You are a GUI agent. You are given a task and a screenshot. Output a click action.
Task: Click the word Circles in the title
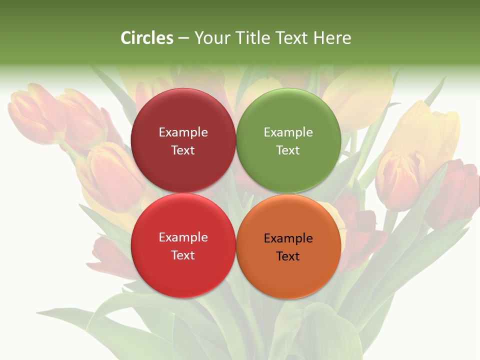[147, 38]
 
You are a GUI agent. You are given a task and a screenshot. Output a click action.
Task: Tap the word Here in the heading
[332, 38]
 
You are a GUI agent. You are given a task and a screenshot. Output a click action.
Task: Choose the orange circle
[288, 272]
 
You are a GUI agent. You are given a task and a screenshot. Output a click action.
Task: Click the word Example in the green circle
[288, 132]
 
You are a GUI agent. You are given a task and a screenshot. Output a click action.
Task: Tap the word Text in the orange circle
[287, 256]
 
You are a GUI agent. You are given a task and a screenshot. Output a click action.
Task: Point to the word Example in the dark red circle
[183, 132]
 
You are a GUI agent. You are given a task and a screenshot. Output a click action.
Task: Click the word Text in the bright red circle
[183, 255]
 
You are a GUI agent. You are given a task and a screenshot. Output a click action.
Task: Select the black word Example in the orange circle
[288, 238]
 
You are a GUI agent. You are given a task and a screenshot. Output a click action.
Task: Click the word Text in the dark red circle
[183, 150]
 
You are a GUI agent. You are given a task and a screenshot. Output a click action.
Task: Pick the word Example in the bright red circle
[183, 237]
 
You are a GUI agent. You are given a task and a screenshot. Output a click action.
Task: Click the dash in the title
[183, 38]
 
